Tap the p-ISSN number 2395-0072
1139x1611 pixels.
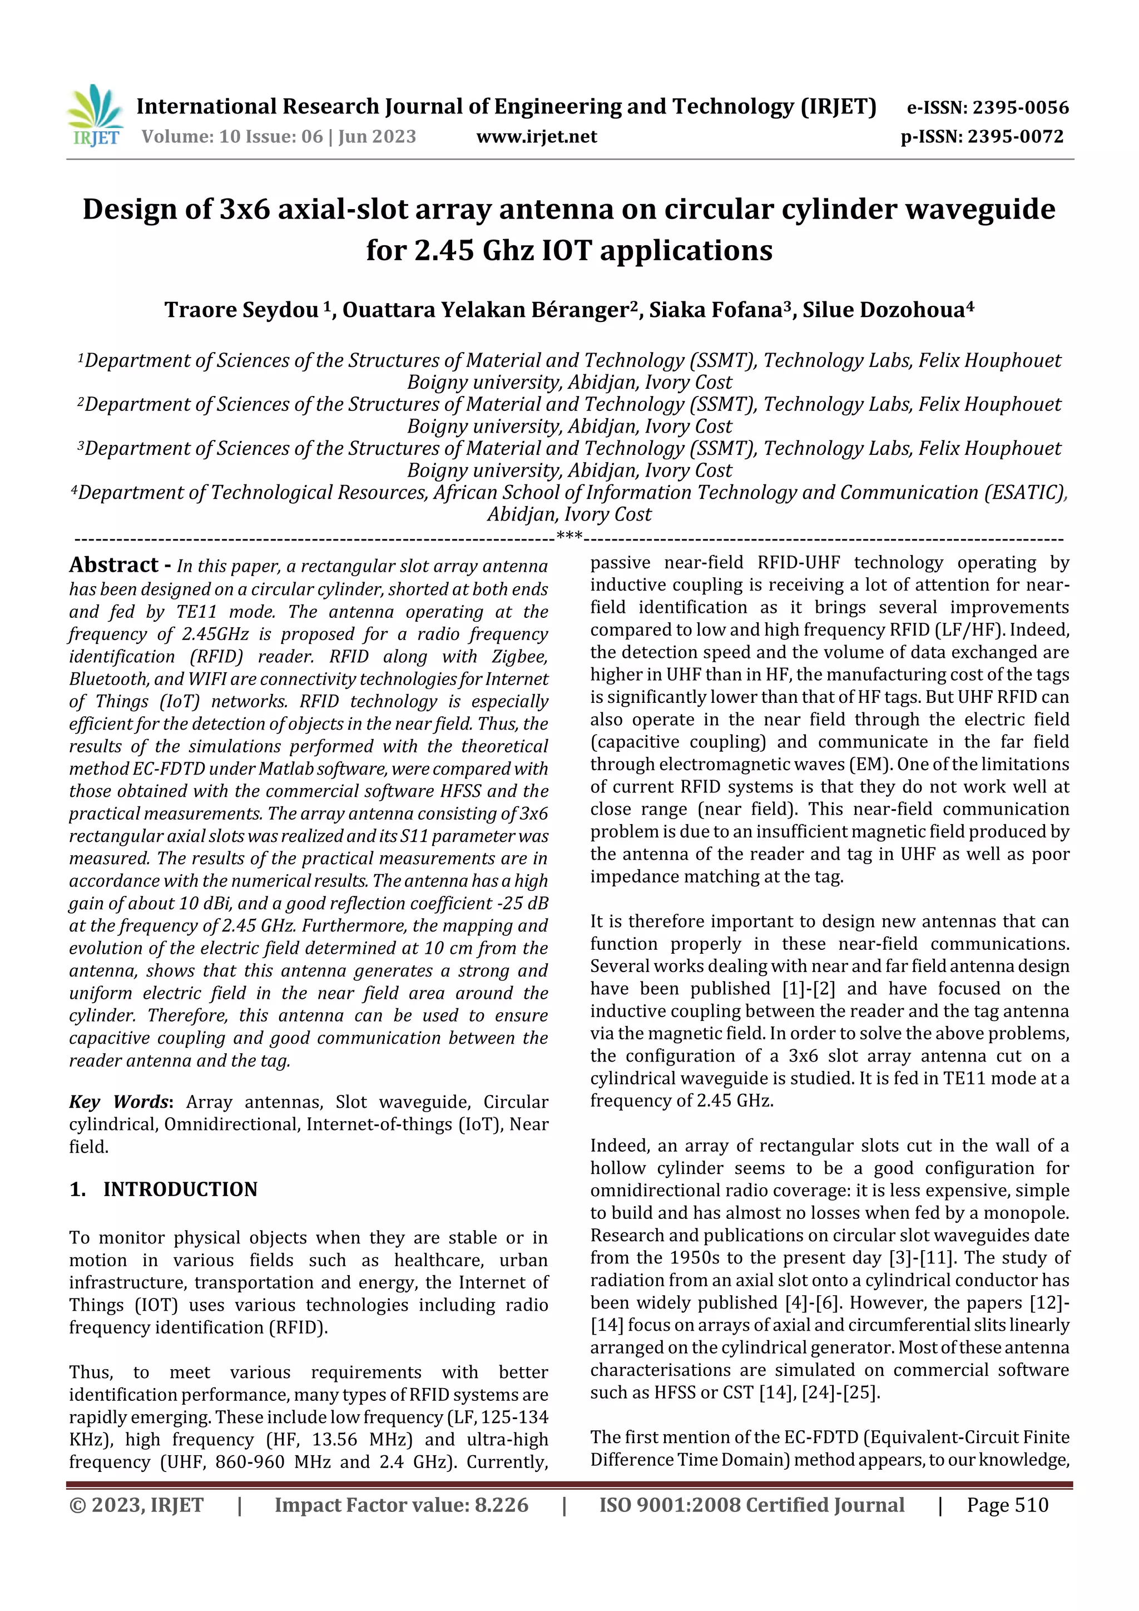click(x=1016, y=137)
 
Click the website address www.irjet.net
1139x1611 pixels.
click(x=536, y=137)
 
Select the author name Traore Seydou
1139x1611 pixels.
click(x=242, y=309)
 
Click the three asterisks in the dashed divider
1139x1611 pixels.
click(x=569, y=537)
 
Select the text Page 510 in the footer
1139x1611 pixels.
click(x=1007, y=1505)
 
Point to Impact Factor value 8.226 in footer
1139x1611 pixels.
click(x=401, y=1505)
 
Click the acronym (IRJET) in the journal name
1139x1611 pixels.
click(x=839, y=107)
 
